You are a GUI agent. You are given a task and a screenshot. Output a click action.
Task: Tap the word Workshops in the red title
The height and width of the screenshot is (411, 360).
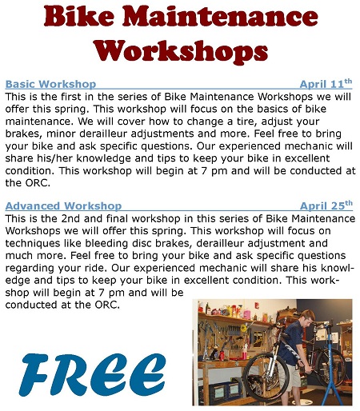tap(181, 51)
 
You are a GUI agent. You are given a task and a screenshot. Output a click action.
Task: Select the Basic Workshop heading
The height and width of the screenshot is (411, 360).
tap(50, 84)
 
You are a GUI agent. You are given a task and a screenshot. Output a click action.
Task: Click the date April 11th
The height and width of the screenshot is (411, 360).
tap(326, 84)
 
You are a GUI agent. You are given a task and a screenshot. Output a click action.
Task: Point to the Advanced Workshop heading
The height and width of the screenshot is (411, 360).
tap(63, 206)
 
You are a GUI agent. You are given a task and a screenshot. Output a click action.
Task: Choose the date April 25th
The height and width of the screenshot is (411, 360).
tap(326, 205)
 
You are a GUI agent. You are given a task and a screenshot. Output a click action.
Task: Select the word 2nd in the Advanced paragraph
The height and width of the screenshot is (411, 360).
tap(70, 218)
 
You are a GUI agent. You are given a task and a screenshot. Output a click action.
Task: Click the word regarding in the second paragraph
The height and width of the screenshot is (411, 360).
tap(30, 268)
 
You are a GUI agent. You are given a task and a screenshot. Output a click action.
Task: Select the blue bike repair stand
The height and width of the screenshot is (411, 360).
tap(330, 368)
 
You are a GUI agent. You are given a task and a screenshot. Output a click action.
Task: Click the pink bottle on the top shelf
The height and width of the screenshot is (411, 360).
tap(246, 313)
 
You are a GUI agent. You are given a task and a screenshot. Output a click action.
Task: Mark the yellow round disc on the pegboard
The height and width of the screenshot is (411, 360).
tap(243, 328)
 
